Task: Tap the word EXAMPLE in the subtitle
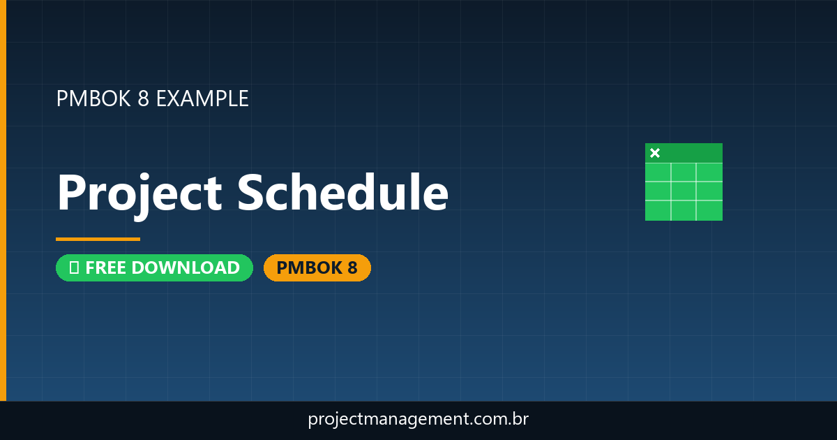click(x=202, y=98)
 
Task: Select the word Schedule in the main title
click(x=342, y=193)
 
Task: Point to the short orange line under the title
click(x=98, y=239)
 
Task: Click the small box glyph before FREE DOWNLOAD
click(x=74, y=267)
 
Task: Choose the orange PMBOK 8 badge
click(x=317, y=267)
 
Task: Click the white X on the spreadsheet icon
click(x=654, y=153)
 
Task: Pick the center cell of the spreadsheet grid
click(x=684, y=191)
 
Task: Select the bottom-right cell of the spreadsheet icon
click(x=709, y=210)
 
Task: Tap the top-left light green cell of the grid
click(x=658, y=172)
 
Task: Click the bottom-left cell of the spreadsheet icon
click(x=658, y=210)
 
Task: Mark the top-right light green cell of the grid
click(x=709, y=172)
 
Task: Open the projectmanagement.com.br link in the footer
click(x=418, y=420)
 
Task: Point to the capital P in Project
click(x=72, y=193)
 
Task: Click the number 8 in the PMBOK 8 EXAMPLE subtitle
click(x=144, y=98)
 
